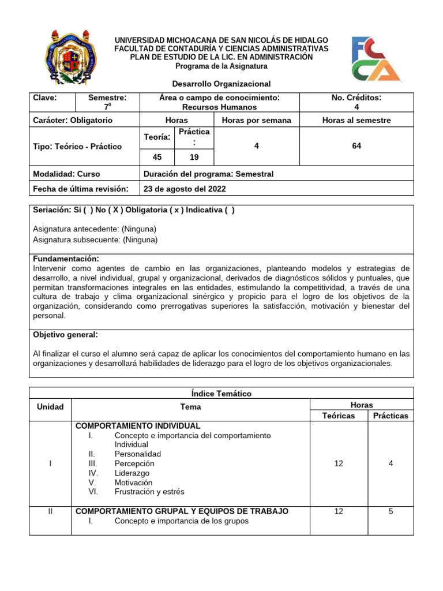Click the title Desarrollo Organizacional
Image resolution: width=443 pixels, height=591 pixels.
221,84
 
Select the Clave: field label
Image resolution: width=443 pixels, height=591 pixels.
45,98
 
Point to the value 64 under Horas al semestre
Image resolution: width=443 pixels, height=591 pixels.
356,147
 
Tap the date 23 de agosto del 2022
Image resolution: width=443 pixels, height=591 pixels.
185,189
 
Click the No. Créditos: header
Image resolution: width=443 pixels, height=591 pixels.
356,98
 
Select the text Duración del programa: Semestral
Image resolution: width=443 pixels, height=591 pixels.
208,174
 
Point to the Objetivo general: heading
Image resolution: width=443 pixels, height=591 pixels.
65,335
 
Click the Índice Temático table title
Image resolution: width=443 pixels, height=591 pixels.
221,394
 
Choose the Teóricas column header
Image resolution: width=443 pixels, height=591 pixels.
339,416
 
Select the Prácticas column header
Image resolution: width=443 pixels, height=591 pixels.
391,416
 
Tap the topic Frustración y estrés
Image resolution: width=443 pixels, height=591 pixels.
149,492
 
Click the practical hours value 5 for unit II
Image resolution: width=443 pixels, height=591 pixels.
391,511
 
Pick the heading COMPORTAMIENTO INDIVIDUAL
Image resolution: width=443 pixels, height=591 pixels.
138,426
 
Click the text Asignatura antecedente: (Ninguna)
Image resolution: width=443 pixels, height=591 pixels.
95,229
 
